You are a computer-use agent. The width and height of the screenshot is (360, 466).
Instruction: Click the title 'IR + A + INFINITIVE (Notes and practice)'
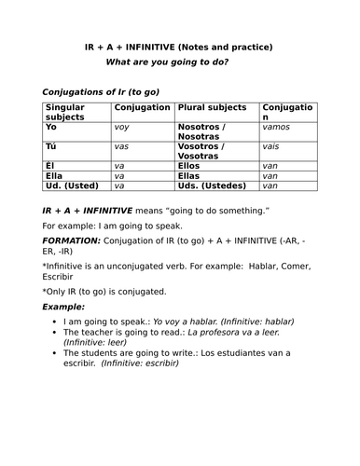coord(179,48)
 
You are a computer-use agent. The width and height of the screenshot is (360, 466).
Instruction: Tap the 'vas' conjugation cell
coord(121,147)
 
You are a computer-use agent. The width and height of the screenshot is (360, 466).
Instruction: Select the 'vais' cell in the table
coord(271,147)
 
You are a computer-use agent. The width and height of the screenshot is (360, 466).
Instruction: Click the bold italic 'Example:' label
coord(63,306)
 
